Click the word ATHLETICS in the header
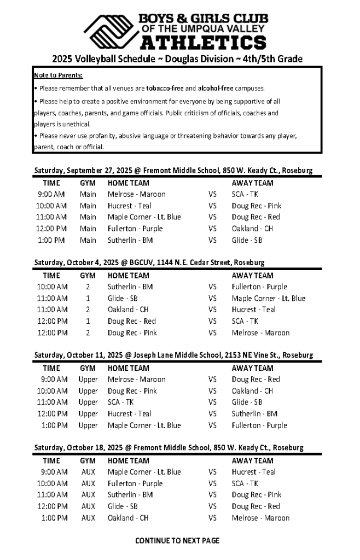click(204, 43)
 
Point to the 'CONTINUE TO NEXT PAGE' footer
click(177, 540)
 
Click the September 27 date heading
click(173, 171)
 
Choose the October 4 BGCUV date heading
click(149, 262)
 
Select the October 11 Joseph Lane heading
click(173, 355)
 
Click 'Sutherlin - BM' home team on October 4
click(130, 287)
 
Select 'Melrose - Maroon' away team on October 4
click(260, 332)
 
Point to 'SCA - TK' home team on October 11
click(120, 402)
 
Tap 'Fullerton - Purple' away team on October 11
click(259, 425)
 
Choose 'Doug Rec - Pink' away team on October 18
click(257, 495)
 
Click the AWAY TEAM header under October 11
click(252, 368)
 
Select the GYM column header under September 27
click(88, 183)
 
